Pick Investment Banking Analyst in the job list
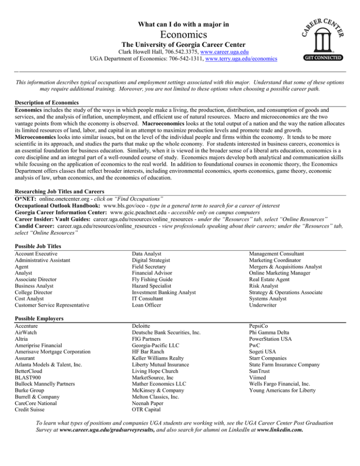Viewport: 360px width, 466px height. (x=161, y=292)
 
